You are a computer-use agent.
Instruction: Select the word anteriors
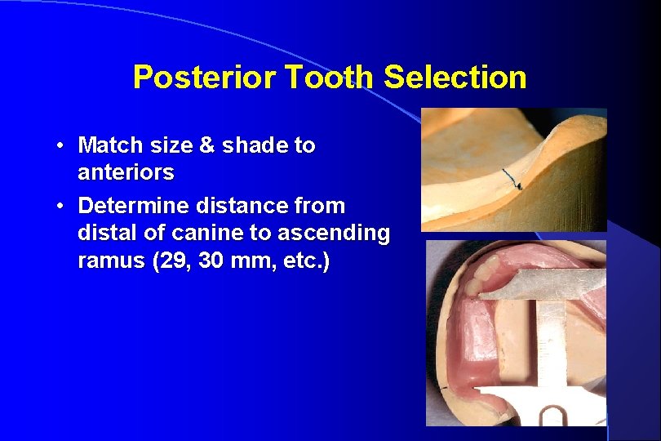(x=126, y=172)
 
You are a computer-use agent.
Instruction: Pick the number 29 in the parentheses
(x=168, y=262)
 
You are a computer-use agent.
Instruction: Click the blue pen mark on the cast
(x=512, y=178)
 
